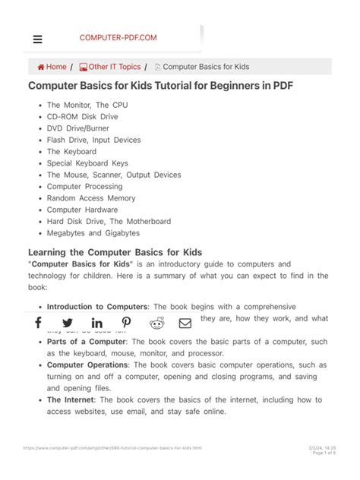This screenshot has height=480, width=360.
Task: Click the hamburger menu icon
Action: pyautogui.click(x=38, y=39)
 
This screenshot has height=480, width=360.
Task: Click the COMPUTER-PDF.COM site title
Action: pyautogui.click(x=118, y=37)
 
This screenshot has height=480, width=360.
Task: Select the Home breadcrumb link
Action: pyautogui.click(x=52, y=67)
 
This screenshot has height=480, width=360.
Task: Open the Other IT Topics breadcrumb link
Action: pyautogui.click(x=110, y=67)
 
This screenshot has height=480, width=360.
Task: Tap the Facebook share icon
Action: pyautogui.click(x=38, y=323)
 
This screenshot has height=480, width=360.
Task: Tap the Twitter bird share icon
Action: pyautogui.click(x=68, y=323)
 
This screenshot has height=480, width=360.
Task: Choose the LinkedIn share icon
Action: pyautogui.click(x=97, y=323)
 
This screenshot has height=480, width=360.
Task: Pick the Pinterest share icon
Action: pyautogui.click(x=127, y=323)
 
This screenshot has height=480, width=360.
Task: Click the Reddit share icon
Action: pyautogui.click(x=156, y=323)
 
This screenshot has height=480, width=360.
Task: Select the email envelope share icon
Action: pyautogui.click(x=185, y=323)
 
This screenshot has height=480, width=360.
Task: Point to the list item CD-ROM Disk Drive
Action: pyautogui.click(x=83, y=117)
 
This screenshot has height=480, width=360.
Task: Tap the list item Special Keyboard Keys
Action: pyautogui.click(x=87, y=163)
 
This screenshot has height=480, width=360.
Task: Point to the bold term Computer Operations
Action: pyautogui.click(x=88, y=365)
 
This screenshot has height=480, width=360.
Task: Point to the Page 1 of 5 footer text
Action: pyautogui.click(x=322, y=453)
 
